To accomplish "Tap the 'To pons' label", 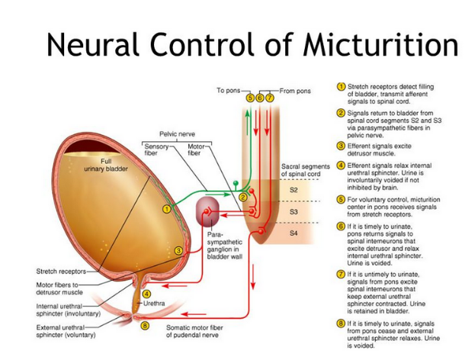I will [x=228, y=91].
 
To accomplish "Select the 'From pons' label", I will [x=297, y=91].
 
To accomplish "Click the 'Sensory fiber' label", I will [x=156, y=147].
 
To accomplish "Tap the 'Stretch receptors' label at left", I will [x=62, y=271].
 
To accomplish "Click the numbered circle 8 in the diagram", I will [x=146, y=326].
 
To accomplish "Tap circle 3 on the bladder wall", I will [x=177, y=250].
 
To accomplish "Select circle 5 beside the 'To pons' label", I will [x=249, y=98].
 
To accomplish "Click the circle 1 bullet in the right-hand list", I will [x=342, y=86].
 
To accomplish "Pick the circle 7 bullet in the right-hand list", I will [x=342, y=274].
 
